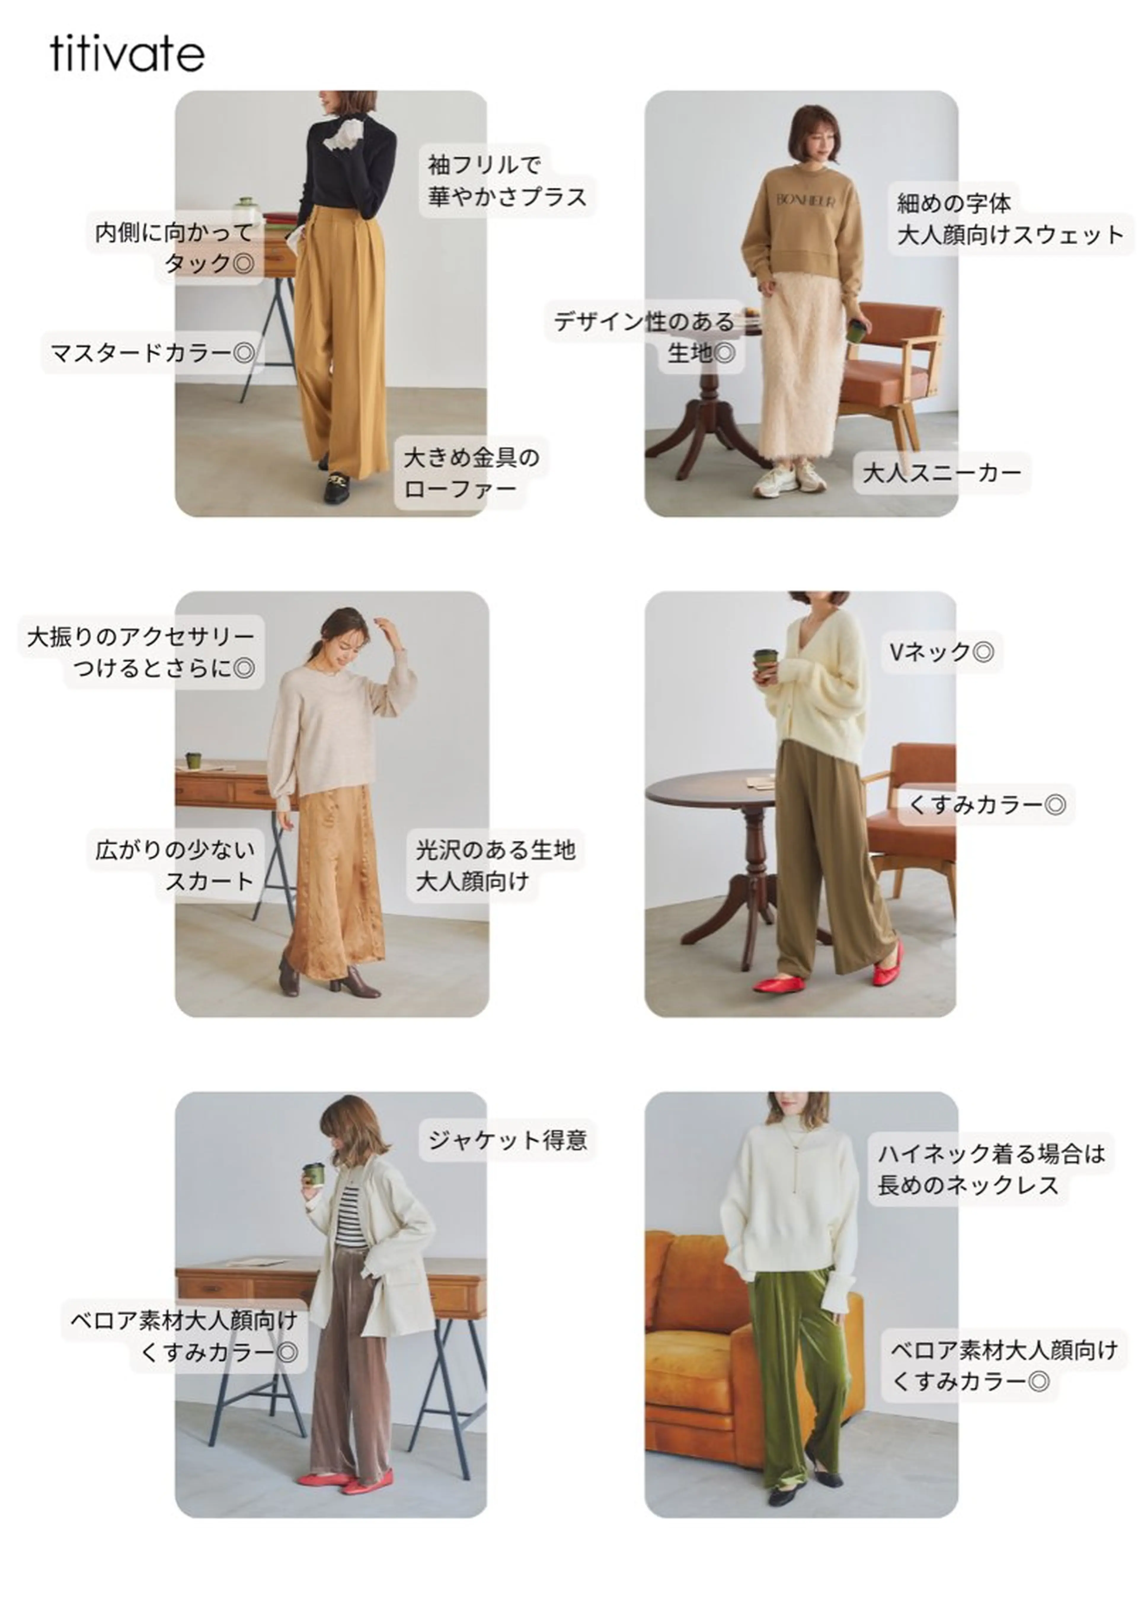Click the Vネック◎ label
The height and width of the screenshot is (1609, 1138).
click(940, 652)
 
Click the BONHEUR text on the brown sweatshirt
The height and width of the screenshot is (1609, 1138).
click(805, 201)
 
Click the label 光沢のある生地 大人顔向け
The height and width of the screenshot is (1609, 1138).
click(495, 865)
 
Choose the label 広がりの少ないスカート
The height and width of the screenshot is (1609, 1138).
click(175, 865)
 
